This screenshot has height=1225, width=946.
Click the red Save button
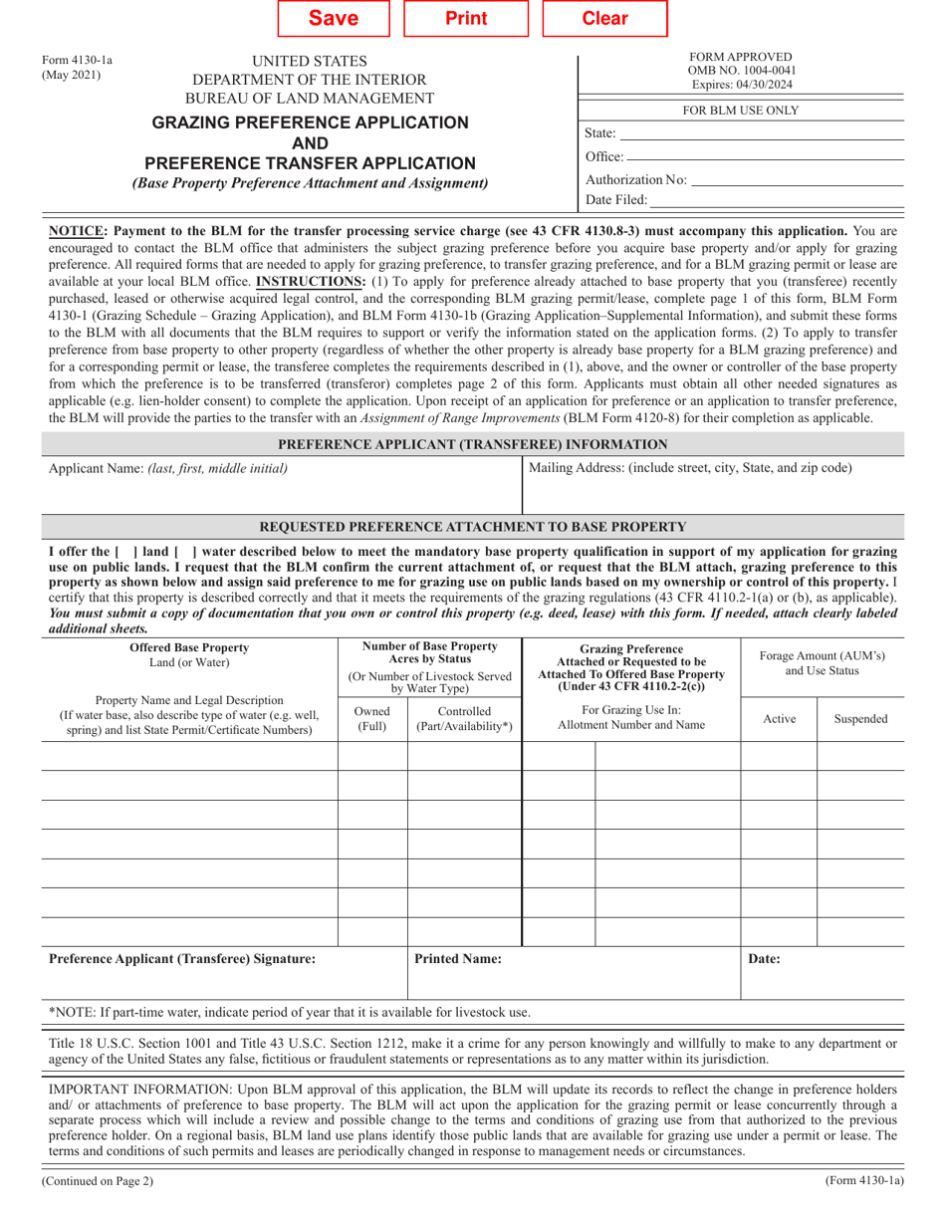[x=334, y=18]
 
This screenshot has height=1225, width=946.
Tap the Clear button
[x=604, y=18]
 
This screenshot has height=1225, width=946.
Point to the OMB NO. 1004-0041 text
[x=741, y=70]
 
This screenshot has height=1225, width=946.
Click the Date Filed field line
[x=777, y=200]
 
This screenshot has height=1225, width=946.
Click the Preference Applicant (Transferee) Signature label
[x=182, y=959]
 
